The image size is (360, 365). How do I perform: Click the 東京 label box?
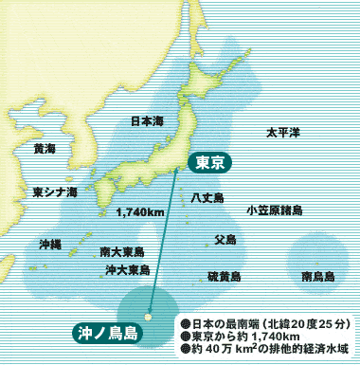(208, 162)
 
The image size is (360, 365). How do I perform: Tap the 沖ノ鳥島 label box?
(107, 333)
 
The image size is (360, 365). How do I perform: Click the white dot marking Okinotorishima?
(148, 317)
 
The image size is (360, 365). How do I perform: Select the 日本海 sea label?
(147, 121)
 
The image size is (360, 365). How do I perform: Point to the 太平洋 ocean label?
(282, 132)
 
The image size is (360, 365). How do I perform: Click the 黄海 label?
(44, 149)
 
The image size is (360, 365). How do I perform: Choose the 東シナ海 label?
(54, 191)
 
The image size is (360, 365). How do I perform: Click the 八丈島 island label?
(207, 197)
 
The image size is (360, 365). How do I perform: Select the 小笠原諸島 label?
(274, 210)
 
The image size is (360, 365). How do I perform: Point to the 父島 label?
(225, 240)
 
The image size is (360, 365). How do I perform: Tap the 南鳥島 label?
(317, 277)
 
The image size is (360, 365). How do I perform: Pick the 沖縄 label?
(49, 244)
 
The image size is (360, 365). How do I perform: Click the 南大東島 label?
(121, 251)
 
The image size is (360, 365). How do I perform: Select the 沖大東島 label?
(124, 270)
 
